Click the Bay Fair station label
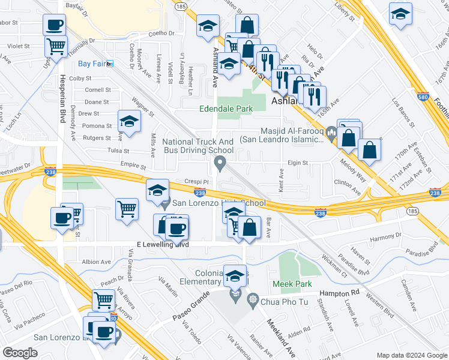coord(91,64)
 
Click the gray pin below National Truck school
coord(220,163)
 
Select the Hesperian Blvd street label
coord(62,102)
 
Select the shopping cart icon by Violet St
coord(56,46)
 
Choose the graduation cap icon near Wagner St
coord(129,122)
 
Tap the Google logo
coord(20,353)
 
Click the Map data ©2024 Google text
coord(411,355)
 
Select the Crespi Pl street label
coord(196,181)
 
